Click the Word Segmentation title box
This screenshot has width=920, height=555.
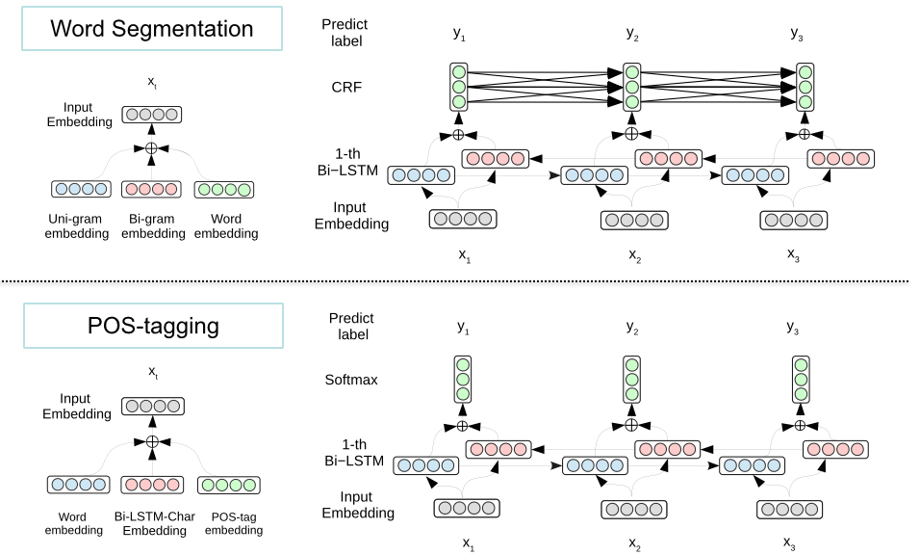tap(153, 29)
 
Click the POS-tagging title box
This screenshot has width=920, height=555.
tap(153, 326)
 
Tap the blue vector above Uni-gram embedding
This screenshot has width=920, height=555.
tap(79, 190)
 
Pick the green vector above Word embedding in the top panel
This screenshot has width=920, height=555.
tap(225, 190)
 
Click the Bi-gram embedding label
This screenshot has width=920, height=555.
tap(152, 225)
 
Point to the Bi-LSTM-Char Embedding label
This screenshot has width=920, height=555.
tap(154, 523)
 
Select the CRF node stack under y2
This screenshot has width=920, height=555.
tap(631, 87)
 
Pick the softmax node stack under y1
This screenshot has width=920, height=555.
tap(462, 379)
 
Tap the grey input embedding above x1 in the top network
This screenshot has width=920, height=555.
tap(463, 219)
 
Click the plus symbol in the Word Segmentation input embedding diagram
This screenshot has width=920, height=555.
tap(151, 147)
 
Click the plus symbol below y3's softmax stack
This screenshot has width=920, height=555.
tap(801, 425)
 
